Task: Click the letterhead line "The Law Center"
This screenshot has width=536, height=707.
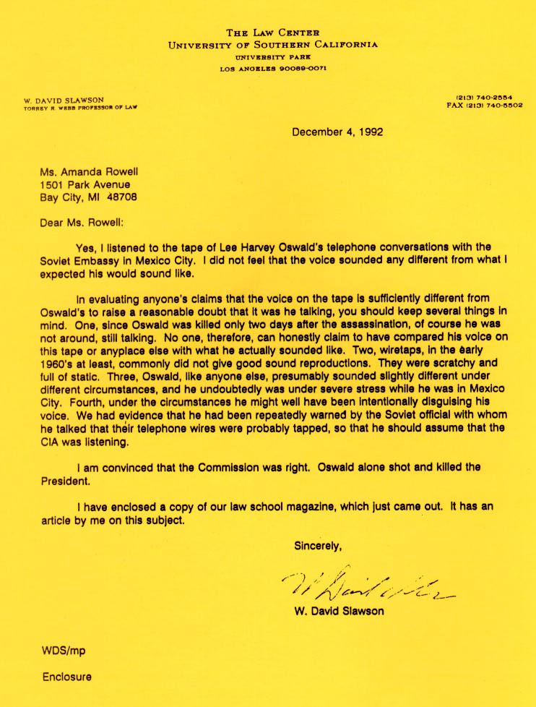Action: (272, 33)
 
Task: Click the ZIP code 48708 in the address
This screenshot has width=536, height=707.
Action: (121, 197)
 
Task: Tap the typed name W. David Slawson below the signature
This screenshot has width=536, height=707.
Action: (340, 611)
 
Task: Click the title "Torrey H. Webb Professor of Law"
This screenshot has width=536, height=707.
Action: (81, 107)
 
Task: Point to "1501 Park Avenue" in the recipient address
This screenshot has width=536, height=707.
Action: (86, 184)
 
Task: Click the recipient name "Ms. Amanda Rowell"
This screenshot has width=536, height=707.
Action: (90, 172)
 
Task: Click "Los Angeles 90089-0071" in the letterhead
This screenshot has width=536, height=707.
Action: (273, 69)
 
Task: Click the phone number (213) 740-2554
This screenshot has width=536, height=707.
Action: (488, 98)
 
